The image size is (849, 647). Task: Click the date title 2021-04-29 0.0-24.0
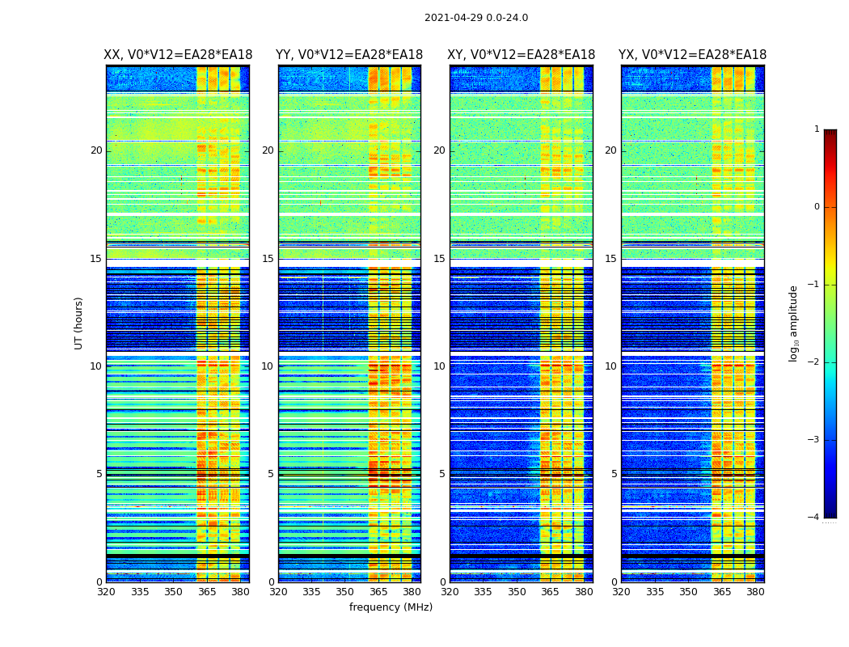476,18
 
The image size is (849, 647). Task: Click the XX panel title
178,55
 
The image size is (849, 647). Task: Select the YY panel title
349,55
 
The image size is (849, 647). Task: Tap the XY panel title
522,55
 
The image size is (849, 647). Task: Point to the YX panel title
693,55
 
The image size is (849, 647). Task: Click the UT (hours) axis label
79,323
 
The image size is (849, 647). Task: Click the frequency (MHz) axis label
391,607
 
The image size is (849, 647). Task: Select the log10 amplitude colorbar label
794,323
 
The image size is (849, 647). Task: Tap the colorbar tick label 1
817,129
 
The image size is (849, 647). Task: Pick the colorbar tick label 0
817,207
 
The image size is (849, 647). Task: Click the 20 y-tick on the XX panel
96,150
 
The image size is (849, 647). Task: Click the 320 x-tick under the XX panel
106,592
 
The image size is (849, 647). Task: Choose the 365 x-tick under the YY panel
378,592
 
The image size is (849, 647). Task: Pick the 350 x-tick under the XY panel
517,592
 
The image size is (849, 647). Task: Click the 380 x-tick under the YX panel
755,592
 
